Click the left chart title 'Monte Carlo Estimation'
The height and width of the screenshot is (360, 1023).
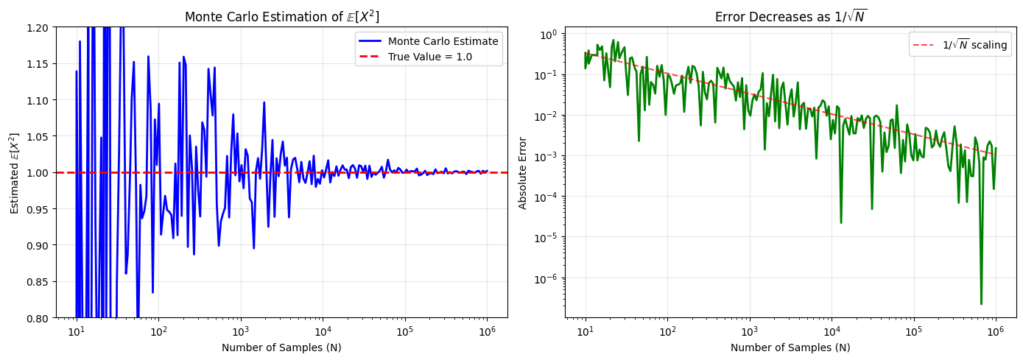(281, 17)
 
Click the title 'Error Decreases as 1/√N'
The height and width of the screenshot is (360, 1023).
(790, 17)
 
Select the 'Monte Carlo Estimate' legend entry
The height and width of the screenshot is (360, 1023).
(443, 41)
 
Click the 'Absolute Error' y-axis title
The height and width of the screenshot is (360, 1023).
(523, 172)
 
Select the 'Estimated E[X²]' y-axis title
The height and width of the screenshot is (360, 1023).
(14, 173)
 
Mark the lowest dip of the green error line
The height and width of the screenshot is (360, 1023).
(981, 303)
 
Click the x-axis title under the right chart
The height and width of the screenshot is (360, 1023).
(790, 347)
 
